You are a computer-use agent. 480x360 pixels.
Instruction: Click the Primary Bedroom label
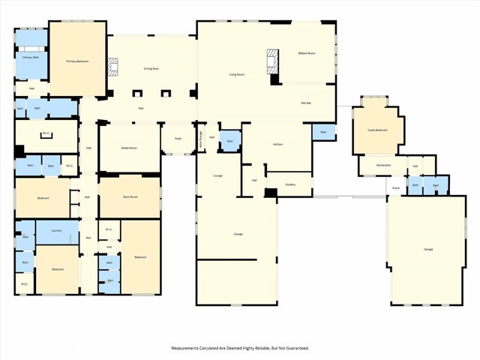tap(77, 61)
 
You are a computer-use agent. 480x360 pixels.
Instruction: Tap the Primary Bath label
tap(31, 57)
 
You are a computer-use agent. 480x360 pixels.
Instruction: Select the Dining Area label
tap(151, 68)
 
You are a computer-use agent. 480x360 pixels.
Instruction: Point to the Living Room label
tap(238, 73)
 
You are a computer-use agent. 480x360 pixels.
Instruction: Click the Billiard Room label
tap(307, 53)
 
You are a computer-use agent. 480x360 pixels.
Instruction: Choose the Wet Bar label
tap(306, 103)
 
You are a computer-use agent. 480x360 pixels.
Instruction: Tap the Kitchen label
tap(277, 143)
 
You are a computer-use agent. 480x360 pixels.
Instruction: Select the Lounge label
tap(217, 175)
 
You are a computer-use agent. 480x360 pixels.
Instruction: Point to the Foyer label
tap(178, 139)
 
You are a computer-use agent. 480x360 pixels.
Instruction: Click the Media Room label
tap(129, 148)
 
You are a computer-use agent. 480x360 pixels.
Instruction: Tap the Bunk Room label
tap(130, 196)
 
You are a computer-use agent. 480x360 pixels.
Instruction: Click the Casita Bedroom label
tap(377, 130)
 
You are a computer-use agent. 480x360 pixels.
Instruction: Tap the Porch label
tap(394, 187)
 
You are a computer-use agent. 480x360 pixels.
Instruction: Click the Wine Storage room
tap(200, 139)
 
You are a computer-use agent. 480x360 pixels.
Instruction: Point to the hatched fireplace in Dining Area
tap(113, 68)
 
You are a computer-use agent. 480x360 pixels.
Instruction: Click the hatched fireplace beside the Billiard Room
tap(273, 60)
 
